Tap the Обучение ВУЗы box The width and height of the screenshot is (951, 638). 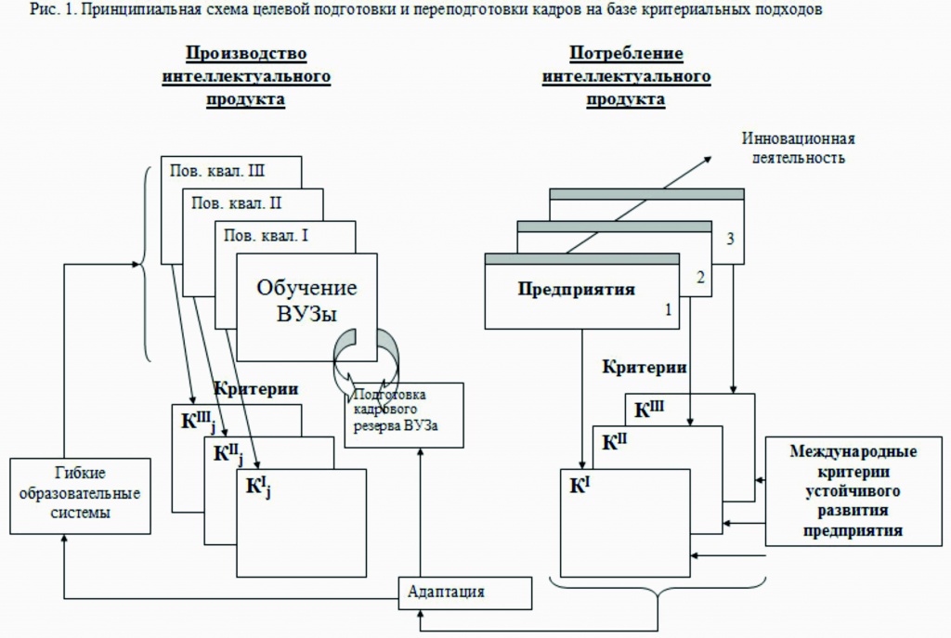click(306, 301)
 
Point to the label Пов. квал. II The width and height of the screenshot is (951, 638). click(237, 203)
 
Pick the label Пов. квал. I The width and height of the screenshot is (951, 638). click(267, 235)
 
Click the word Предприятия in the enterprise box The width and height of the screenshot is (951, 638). click(576, 289)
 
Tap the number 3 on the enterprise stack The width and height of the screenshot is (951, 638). click(731, 239)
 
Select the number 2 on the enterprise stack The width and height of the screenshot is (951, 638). click(698, 276)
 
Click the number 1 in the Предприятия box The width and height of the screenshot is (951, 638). click(667, 311)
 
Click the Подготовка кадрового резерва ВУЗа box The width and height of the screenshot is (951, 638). click(405, 414)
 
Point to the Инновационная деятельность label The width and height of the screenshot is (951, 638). click(798, 148)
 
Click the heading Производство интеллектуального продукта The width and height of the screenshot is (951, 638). click(245, 76)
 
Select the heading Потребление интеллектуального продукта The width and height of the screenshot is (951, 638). click(626, 76)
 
